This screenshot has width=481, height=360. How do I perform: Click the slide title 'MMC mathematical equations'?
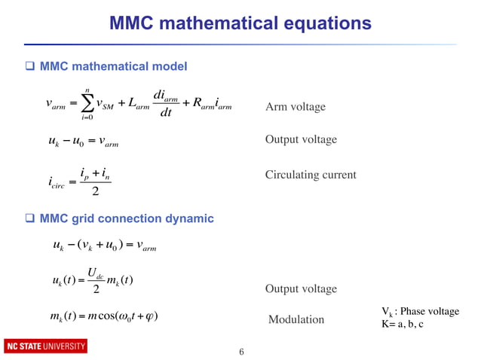tap(240, 23)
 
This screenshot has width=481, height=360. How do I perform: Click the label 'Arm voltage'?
tap(296, 107)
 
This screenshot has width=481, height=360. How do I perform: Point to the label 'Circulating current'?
tap(311, 175)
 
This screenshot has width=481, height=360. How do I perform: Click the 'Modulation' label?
tap(296, 320)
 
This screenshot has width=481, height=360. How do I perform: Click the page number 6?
tap(241, 352)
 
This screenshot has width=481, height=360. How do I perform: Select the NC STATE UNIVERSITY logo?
tap(46, 346)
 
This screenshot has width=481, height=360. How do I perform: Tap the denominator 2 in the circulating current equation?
tap(95, 191)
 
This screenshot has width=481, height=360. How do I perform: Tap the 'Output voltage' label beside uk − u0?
tap(301, 140)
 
